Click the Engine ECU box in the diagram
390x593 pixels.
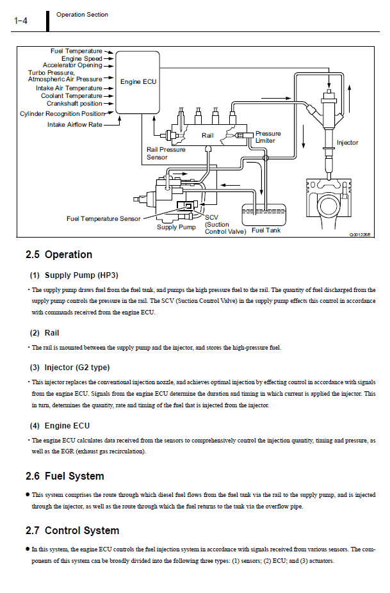137,83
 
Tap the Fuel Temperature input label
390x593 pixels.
76,51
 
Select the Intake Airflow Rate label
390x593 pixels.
74,124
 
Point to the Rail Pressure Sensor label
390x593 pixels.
166,153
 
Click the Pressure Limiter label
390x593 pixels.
268,137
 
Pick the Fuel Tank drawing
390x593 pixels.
264,215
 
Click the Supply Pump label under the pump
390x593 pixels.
176,227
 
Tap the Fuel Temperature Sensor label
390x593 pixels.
103,218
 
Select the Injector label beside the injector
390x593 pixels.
347,143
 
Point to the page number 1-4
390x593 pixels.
20,20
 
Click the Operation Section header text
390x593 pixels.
82,15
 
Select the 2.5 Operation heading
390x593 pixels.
59,254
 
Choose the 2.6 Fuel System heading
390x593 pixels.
65,476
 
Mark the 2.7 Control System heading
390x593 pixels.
72,531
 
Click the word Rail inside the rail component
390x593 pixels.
207,135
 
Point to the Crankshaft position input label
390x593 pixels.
74,104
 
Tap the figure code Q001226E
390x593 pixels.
360,235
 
